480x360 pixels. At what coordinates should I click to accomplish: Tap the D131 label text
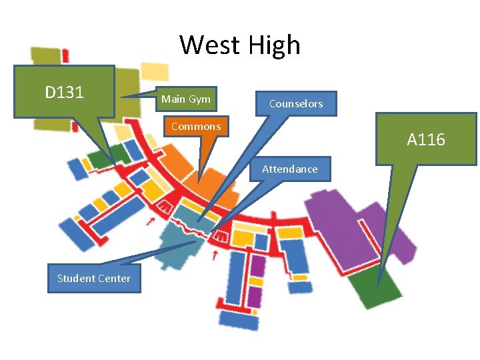point(65,92)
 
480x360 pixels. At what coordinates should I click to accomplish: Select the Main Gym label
point(186,99)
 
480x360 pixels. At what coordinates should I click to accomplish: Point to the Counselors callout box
point(296,103)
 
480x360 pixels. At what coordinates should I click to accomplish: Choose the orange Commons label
point(196,126)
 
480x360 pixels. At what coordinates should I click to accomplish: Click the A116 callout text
point(426,140)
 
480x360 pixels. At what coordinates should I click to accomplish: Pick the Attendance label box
point(290,169)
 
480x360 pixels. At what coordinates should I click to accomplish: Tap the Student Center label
point(94,278)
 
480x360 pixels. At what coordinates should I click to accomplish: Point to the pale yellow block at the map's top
point(155,71)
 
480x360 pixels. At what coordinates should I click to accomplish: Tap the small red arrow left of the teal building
point(151,221)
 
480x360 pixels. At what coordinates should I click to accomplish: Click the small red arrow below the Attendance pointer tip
point(213,255)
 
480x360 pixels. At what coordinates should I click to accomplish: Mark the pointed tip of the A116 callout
point(378,287)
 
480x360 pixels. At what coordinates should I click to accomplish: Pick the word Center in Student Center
point(115,278)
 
